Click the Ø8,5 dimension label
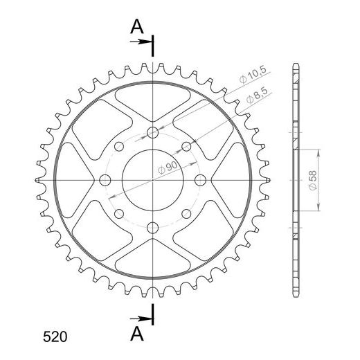pos(257,96)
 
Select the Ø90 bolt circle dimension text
pos(168,168)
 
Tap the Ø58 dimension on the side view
pos(313,180)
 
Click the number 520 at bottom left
pos(55,337)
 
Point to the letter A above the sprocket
pos(137,26)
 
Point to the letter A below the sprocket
pos(137,334)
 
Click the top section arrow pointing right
pos(141,42)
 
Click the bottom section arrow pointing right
pos(141,319)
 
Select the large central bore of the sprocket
pos(152,180)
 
